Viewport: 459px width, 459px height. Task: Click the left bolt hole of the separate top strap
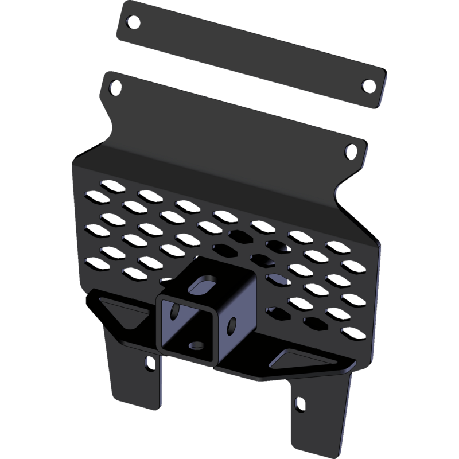tap(133, 23)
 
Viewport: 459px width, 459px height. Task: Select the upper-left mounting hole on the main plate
tap(116, 89)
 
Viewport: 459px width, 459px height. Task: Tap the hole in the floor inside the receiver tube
tap(197, 346)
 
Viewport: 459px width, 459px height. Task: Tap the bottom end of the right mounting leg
tap(318, 450)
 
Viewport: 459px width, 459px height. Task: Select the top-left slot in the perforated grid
tap(109, 185)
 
